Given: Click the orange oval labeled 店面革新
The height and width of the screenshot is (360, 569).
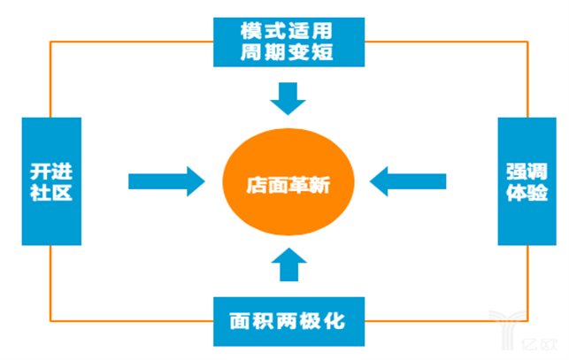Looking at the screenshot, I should pos(286,184).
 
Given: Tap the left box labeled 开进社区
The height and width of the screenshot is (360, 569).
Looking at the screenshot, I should pos(50,180).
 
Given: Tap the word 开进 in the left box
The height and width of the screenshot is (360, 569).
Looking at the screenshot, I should pos(50,169).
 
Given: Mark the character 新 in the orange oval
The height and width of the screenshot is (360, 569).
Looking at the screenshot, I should pos(317,185).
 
